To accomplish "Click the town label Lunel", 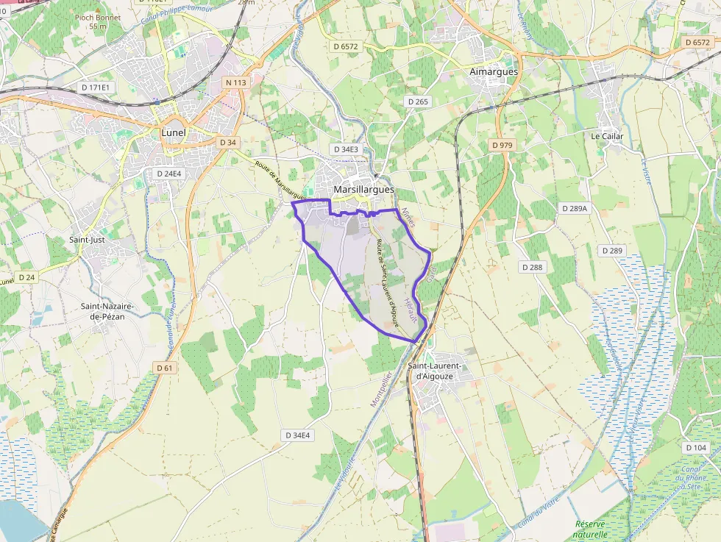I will click(x=174, y=132).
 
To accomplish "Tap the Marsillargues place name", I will click(x=363, y=189).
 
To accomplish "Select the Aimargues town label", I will click(x=494, y=71).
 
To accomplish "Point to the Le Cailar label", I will click(x=607, y=136).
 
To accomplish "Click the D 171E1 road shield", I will click(x=96, y=88).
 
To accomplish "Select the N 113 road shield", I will click(x=236, y=82).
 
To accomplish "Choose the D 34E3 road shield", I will click(x=346, y=149).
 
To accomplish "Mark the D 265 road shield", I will click(x=417, y=101).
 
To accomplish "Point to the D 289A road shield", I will click(x=574, y=208).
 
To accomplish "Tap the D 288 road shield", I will click(x=531, y=267).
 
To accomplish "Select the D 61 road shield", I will click(x=164, y=368).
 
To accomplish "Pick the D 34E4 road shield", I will click(x=297, y=435).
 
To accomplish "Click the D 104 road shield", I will click(x=695, y=447).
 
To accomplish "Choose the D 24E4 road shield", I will click(x=168, y=174).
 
